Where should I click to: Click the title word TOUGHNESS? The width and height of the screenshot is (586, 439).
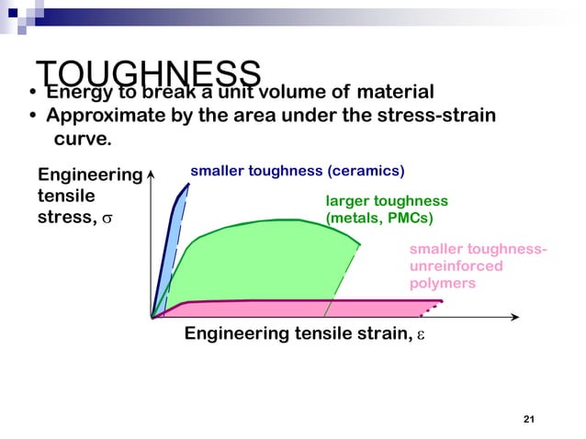point(149,73)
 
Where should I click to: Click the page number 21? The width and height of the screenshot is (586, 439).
point(528,420)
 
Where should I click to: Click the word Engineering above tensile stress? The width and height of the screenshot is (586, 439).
point(89,174)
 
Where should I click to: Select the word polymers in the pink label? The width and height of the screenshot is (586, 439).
point(443,284)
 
